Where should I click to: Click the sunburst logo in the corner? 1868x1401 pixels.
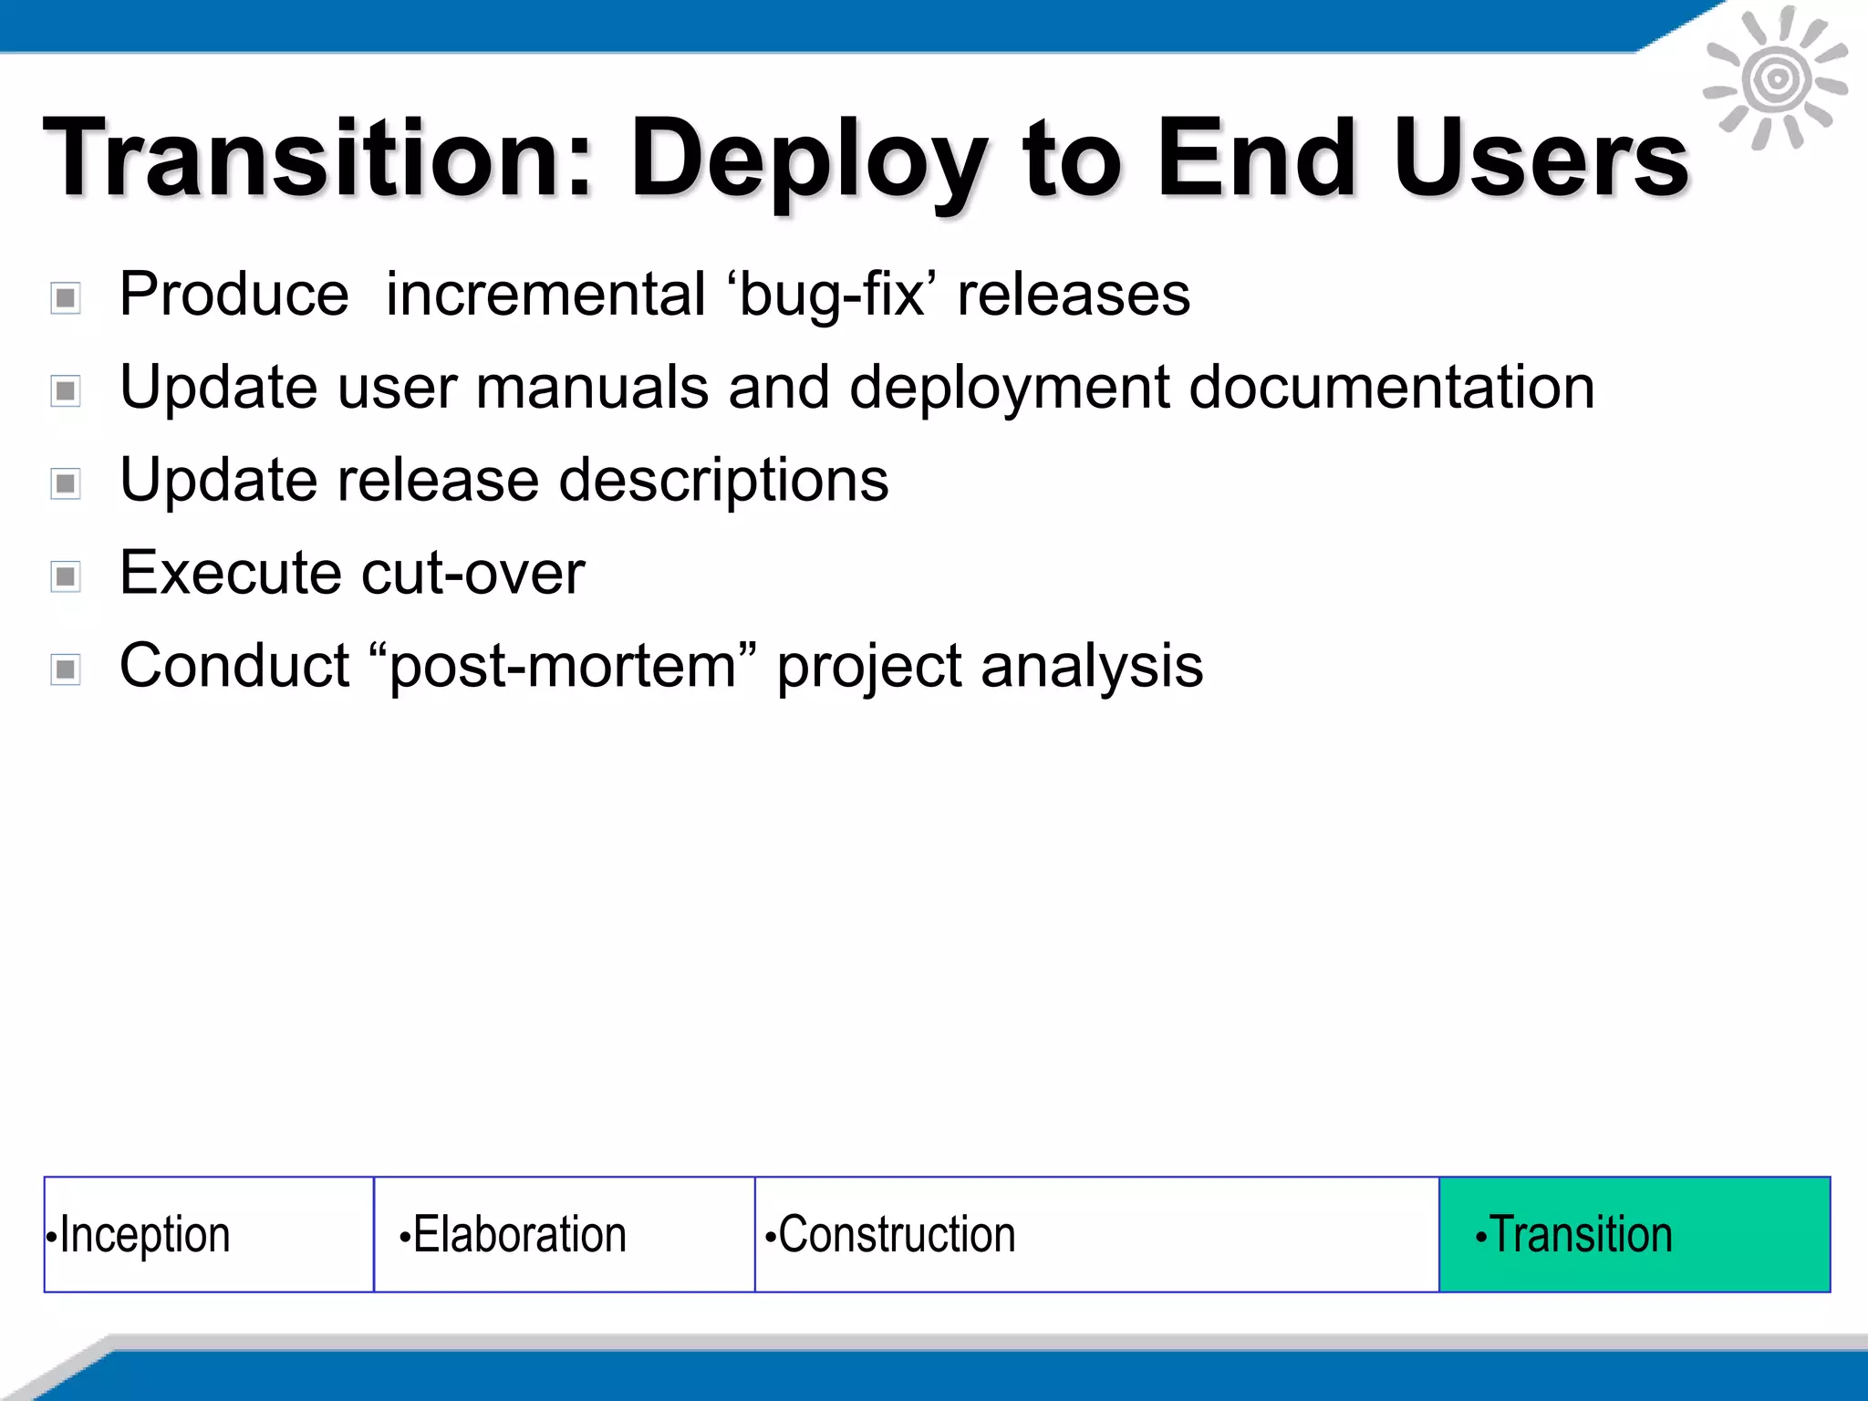coord(1776,79)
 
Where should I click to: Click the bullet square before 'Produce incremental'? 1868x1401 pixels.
coord(66,297)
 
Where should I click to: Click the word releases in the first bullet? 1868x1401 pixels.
coord(1073,296)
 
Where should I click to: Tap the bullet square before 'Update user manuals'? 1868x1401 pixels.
coord(66,391)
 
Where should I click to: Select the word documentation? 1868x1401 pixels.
coord(1392,388)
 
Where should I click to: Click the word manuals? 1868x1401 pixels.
coord(592,388)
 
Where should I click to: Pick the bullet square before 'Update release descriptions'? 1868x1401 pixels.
coord(66,483)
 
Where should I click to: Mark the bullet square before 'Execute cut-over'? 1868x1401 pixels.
coord(66,576)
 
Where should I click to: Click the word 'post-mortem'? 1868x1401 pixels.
coord(563,667)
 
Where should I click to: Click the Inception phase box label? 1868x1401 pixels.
coord(144,1235)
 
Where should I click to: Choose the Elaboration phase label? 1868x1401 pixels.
coord(519,1235)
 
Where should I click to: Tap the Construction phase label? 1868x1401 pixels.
coord(896,1235)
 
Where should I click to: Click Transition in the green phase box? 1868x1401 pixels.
coord(1581,1235)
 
